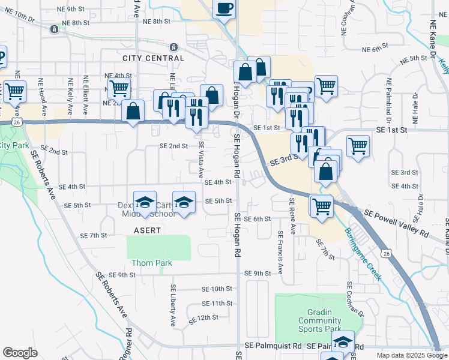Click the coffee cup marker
[224, 9]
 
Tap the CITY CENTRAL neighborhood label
[153, 58]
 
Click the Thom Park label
[152, 263]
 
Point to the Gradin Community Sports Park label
[319, 320]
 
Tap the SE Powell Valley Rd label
[397, 223]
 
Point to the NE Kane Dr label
[432, 40]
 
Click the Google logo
[20, 353]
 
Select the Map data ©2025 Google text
[411, 355]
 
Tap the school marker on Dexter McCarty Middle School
[145, 203]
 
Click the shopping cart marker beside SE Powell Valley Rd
[322, 206]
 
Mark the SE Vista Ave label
[201, 160]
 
